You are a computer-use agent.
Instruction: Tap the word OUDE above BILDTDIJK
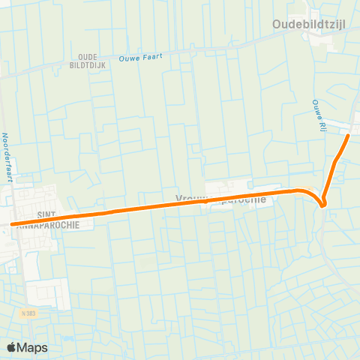point(88,56)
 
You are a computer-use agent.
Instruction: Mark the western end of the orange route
point(12,223)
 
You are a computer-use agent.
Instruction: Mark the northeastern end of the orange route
point(349,136)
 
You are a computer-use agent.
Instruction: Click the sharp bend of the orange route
point(323,205)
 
